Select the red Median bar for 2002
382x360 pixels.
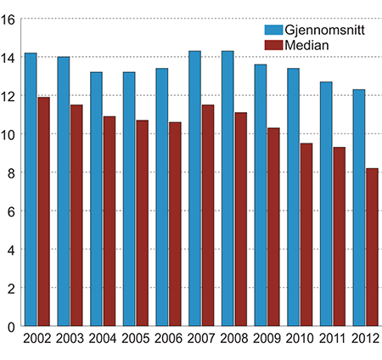tap(43, 211)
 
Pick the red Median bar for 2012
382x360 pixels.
tap(372, 247)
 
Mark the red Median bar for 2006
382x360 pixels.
tap(175, 224)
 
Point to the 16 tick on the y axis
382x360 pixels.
tap(9, 19)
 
